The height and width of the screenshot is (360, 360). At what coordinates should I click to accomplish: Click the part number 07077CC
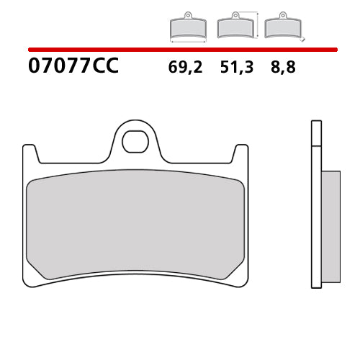tap(73, 67)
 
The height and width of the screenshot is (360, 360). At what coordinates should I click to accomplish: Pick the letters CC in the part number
tap(104, 67)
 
